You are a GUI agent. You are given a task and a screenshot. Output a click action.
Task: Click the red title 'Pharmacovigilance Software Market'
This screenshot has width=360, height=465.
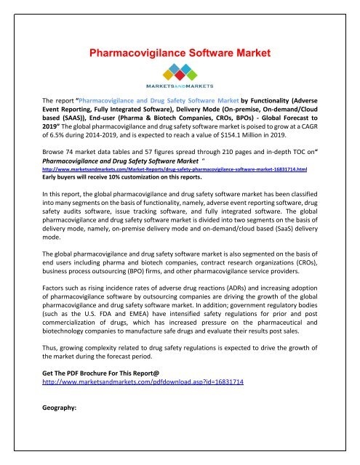click(x=180, y=52)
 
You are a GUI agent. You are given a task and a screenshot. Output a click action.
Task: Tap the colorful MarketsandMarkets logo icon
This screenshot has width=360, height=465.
click(x=180, y=73)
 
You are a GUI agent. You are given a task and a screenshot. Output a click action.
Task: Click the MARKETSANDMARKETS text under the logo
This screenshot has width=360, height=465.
click(x=180, y=89)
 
